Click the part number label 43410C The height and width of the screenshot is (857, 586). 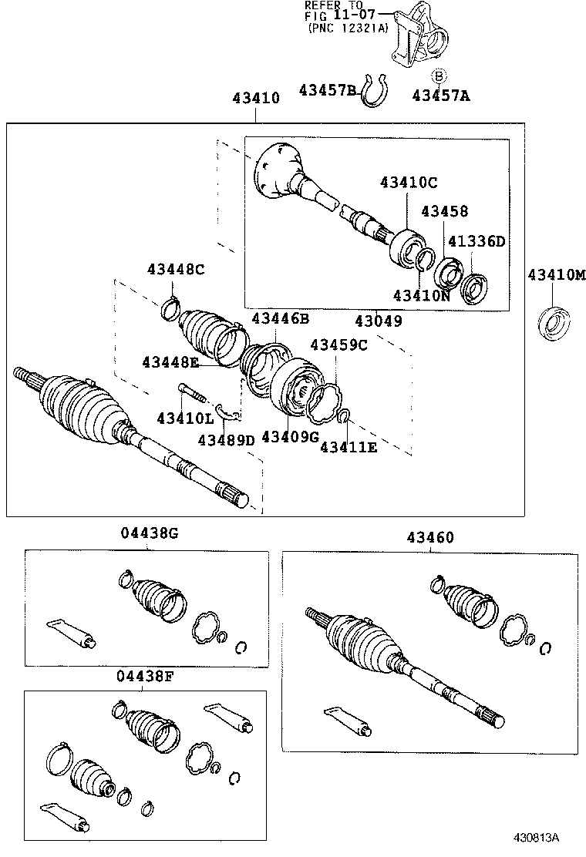408,183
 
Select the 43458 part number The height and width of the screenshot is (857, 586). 445,211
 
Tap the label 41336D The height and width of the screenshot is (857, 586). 477,241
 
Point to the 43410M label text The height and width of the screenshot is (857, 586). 557,275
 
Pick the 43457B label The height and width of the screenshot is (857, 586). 327,91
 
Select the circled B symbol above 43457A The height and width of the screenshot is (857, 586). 439,76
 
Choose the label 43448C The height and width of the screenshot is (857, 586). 176,268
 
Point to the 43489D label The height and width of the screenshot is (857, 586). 225,439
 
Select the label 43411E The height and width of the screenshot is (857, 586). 349,446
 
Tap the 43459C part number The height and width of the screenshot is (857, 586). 338,344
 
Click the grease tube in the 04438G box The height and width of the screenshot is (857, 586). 72,631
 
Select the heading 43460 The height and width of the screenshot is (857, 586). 431,537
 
